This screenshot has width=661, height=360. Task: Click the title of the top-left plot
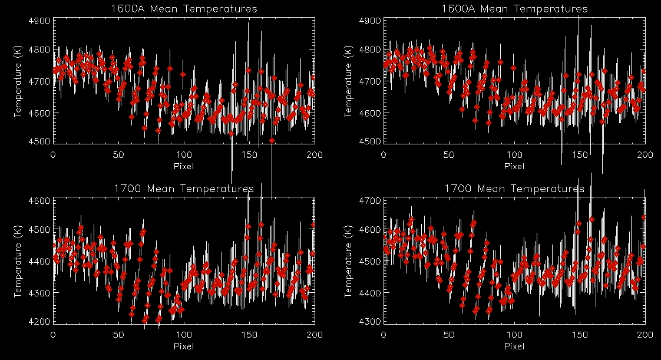184,9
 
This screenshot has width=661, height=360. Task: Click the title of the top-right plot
514,9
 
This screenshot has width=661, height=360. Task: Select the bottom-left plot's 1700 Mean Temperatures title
184,189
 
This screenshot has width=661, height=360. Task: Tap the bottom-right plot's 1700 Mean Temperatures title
514,189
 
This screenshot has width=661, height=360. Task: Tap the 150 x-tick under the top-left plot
249,154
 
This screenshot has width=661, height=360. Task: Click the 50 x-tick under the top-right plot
449,154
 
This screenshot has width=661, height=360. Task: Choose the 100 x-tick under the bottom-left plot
184,335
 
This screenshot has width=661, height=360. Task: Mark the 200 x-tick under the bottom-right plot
645,335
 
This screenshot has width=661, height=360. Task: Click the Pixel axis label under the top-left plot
184,166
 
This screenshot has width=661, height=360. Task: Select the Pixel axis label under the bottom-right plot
514,346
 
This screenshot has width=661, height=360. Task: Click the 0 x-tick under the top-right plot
384,154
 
